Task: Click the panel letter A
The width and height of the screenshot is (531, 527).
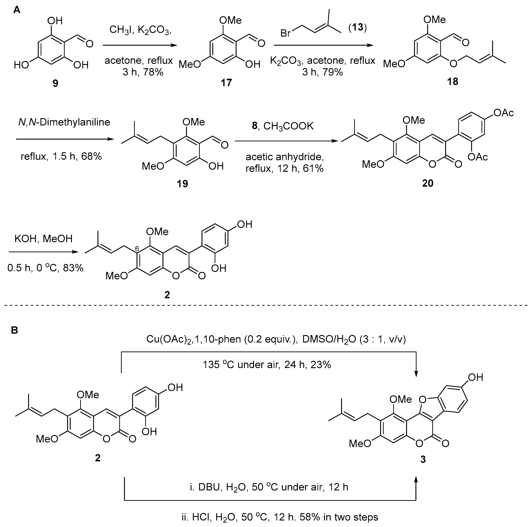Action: [x=16, y=10]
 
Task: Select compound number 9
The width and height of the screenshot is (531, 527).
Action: [x=55, y=83]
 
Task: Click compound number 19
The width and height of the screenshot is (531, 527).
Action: [x=182, y=184]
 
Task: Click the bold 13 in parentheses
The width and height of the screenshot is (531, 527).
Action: [x=358, y=28]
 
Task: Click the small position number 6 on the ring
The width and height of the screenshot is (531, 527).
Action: [x=137, y=249]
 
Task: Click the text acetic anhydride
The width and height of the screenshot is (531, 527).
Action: [x=284, y=157]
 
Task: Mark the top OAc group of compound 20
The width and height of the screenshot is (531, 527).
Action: [x=503, y=113]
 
